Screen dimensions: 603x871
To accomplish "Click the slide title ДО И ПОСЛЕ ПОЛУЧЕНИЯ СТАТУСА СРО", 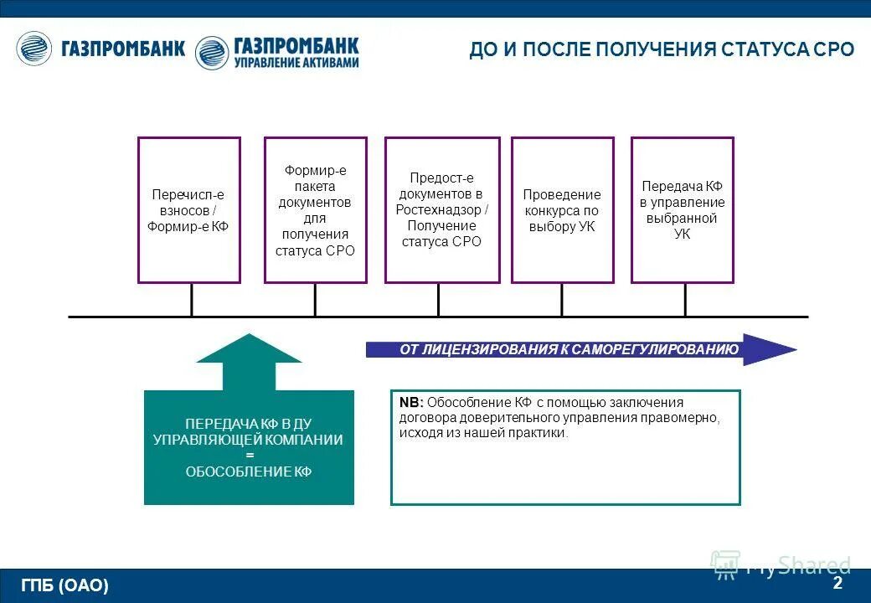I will click(x=661, y=49).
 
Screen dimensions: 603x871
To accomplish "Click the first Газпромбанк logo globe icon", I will click(x=34, y=49).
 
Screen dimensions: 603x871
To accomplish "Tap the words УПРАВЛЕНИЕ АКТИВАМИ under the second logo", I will click(x=296, y=64).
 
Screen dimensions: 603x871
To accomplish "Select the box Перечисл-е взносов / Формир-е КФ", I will click(x=188, y=209).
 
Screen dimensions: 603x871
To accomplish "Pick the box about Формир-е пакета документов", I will click(x=315, y=209).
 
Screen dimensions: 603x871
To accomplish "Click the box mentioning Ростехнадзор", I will click(x=442, y=209).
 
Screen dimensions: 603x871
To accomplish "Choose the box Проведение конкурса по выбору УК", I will click(x=562, y=209).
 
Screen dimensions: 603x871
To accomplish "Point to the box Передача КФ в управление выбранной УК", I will click(x=682, y=209).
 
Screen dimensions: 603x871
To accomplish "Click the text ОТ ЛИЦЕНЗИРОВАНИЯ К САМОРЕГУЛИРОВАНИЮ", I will click(x=569, y=350).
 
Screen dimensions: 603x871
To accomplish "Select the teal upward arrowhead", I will click(x=249, y=350).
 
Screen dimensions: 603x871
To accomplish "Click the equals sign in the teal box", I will click(x=249, y=456).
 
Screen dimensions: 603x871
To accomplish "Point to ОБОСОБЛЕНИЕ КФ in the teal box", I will click(x=249, y=472).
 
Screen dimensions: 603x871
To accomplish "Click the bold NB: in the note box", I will click(x=411, y=403).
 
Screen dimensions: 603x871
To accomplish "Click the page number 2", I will click(x=837, y=583).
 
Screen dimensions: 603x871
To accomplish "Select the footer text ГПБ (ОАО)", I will click(x=65, y=586).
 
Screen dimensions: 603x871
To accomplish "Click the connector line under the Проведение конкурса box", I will click(x=562, y=300).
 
